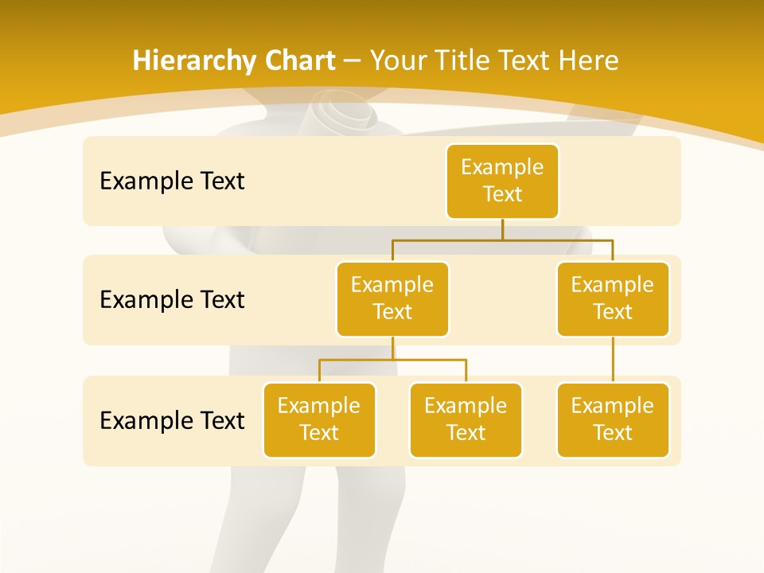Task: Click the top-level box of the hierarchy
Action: (502, 181)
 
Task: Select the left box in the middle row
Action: (392, 298)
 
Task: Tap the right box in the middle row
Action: (613, 298)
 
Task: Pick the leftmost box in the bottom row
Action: (319, 419)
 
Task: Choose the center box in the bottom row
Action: (466, 419)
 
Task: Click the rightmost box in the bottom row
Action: (613, 419)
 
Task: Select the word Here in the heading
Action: (589, 60)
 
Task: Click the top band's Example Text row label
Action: (172, 181)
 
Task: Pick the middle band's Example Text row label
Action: (172, 300)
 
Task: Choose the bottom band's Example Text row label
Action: (172, 420)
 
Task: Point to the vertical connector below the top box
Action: (502, 229)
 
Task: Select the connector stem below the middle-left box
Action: (392, 348)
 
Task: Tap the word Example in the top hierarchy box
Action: (502, 167)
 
